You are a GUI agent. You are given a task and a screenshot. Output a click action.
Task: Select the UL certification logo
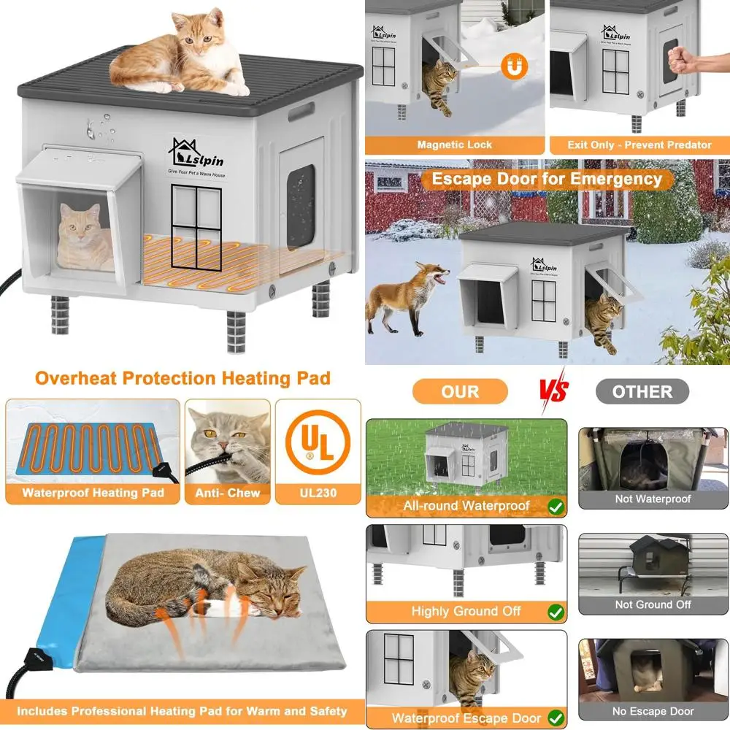click(318, 442)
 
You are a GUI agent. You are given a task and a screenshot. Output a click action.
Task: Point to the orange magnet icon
click(513, 68)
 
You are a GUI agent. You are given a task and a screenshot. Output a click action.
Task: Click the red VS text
click(553, 392)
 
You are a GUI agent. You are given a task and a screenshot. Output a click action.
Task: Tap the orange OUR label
click(460, 392)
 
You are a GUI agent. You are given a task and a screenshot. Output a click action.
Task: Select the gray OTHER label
click(642, 392)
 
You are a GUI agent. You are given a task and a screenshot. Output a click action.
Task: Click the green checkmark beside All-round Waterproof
click(555, 505)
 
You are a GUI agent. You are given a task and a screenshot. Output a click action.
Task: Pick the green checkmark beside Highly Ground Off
click(555, 611)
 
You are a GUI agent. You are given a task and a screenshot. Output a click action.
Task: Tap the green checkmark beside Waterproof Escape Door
click(555, 718)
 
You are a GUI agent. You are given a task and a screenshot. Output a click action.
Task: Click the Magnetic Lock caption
click(455, 145)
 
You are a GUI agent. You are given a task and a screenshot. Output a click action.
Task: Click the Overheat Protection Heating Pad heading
click(182, 378)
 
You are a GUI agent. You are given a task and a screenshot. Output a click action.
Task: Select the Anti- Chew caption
click(227, 493)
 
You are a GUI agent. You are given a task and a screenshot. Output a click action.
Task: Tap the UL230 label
click(318, 493)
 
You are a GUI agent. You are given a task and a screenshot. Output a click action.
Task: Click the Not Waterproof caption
click(653, 499)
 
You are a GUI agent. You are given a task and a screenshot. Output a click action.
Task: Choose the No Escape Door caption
click(653, 711)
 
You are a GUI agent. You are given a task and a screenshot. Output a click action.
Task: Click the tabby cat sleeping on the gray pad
click(204, 591)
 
